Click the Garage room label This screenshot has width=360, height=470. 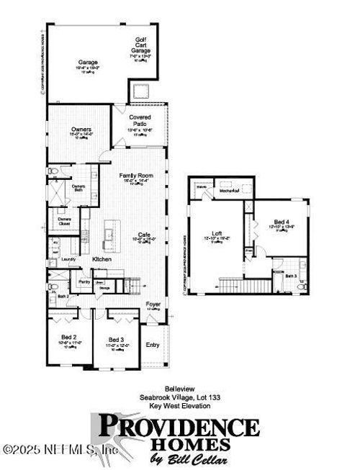pyautogui.click(x=88, y=63)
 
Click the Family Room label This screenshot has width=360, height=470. pyautogui.click(x=137, y=175)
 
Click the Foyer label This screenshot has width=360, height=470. pyautogui.click(x=153, y=304)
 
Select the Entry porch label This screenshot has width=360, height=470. pyautogui.click(x=153, y=345)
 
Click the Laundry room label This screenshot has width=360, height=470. pyautogui.click(x=68, y=258)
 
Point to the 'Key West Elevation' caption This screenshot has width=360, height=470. pyautogui.click(x=179, y=405)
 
